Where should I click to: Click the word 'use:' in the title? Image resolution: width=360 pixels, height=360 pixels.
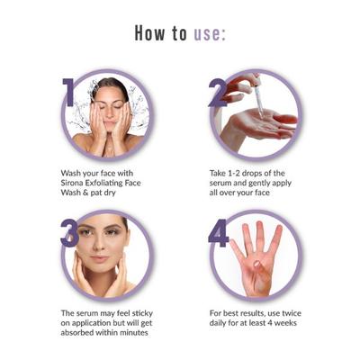(x=207, y=34)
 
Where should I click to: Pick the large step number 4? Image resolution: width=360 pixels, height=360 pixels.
(x=219, y=231)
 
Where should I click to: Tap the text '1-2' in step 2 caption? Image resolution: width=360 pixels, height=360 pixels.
(x=236, y=169)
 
